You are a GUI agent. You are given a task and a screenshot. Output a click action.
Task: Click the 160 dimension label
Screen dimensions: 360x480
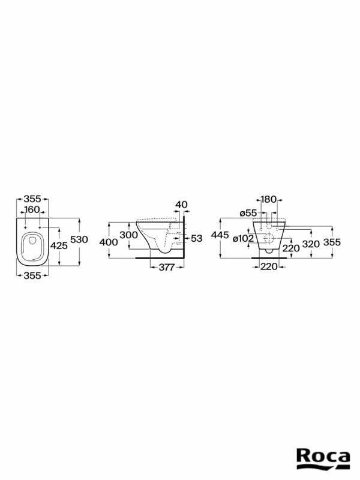tap(32, 209)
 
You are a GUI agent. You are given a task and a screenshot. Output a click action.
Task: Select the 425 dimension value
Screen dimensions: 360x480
tap(59, 245)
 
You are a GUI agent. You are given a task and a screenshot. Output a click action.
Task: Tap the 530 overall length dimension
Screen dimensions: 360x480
tap(79, 239)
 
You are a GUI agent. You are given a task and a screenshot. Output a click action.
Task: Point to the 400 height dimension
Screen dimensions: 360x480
tap(109, 242)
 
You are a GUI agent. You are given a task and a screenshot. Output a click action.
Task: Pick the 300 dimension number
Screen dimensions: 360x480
tap(128, 235)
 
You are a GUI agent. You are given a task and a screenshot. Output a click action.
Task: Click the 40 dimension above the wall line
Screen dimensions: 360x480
tap(182, 204)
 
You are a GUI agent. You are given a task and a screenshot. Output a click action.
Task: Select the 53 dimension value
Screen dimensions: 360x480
tap(197, 238)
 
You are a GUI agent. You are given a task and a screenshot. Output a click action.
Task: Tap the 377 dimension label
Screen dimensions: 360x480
tap(167, 267)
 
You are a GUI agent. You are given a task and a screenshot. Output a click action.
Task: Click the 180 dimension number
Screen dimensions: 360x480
tap(268, 199)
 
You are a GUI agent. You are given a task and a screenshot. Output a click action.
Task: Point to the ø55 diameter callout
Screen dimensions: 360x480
tap(248, 214)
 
